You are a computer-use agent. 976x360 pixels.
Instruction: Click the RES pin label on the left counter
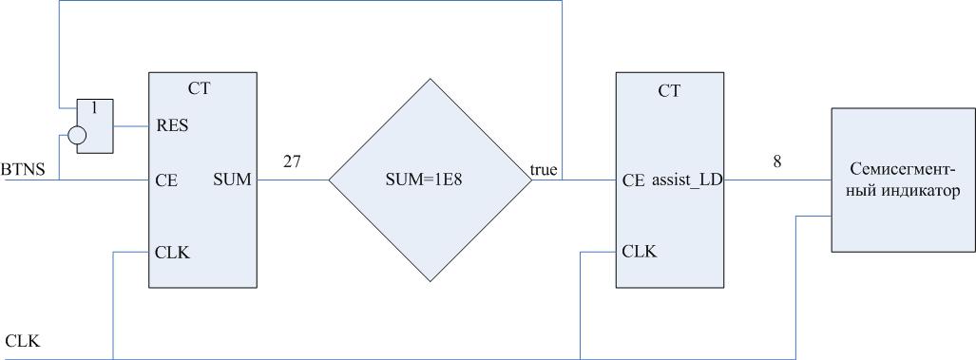tap(171, 125)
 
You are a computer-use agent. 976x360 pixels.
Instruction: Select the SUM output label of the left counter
tap(232, 180)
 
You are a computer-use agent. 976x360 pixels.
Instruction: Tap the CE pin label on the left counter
tap(165, 180)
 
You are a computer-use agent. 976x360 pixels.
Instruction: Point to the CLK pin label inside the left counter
tap(172, 253)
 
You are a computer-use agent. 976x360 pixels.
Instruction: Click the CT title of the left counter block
tap(199, 89)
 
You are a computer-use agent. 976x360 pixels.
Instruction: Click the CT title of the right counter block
tap(669, 91)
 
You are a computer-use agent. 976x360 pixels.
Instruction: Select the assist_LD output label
tap(687, 180)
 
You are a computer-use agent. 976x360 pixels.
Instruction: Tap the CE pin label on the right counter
tap(634, 180)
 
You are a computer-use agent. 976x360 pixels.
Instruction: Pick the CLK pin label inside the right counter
tap(640, 252)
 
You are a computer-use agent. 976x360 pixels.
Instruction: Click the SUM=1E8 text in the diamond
tap(430, 180)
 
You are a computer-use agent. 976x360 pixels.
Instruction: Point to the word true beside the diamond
tap(544, 169)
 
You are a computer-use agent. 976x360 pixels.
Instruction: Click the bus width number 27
tap(292, 161)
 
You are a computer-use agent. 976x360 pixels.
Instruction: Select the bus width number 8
tap(776, 161)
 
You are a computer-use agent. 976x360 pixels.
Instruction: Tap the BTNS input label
tap(23, 170)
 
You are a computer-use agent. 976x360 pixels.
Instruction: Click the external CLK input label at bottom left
tap(23, 341)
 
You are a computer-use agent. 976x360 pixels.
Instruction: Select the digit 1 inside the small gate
tap(95, 107)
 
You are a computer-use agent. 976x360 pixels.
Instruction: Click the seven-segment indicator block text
tap(904, 180)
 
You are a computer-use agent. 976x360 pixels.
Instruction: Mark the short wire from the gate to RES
tap(131, 126)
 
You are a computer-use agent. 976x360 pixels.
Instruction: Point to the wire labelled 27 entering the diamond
tap(293, 180)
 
